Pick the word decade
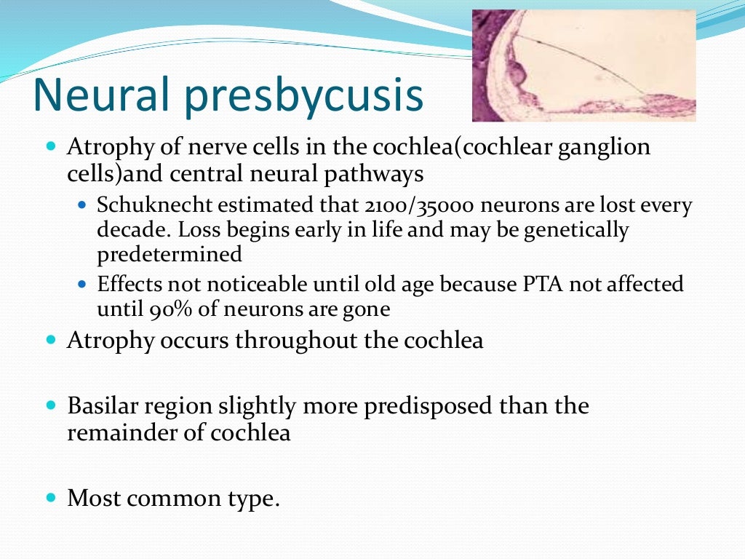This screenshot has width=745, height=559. pyautogui.click(x=128, y=231)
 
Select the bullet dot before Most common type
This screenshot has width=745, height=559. pyautogui.click(x=50, y=498)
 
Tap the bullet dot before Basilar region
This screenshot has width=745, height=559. pyautogui.click(x=50, y=405)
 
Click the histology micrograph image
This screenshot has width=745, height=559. pyautogui.click(x=583, y=66)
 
